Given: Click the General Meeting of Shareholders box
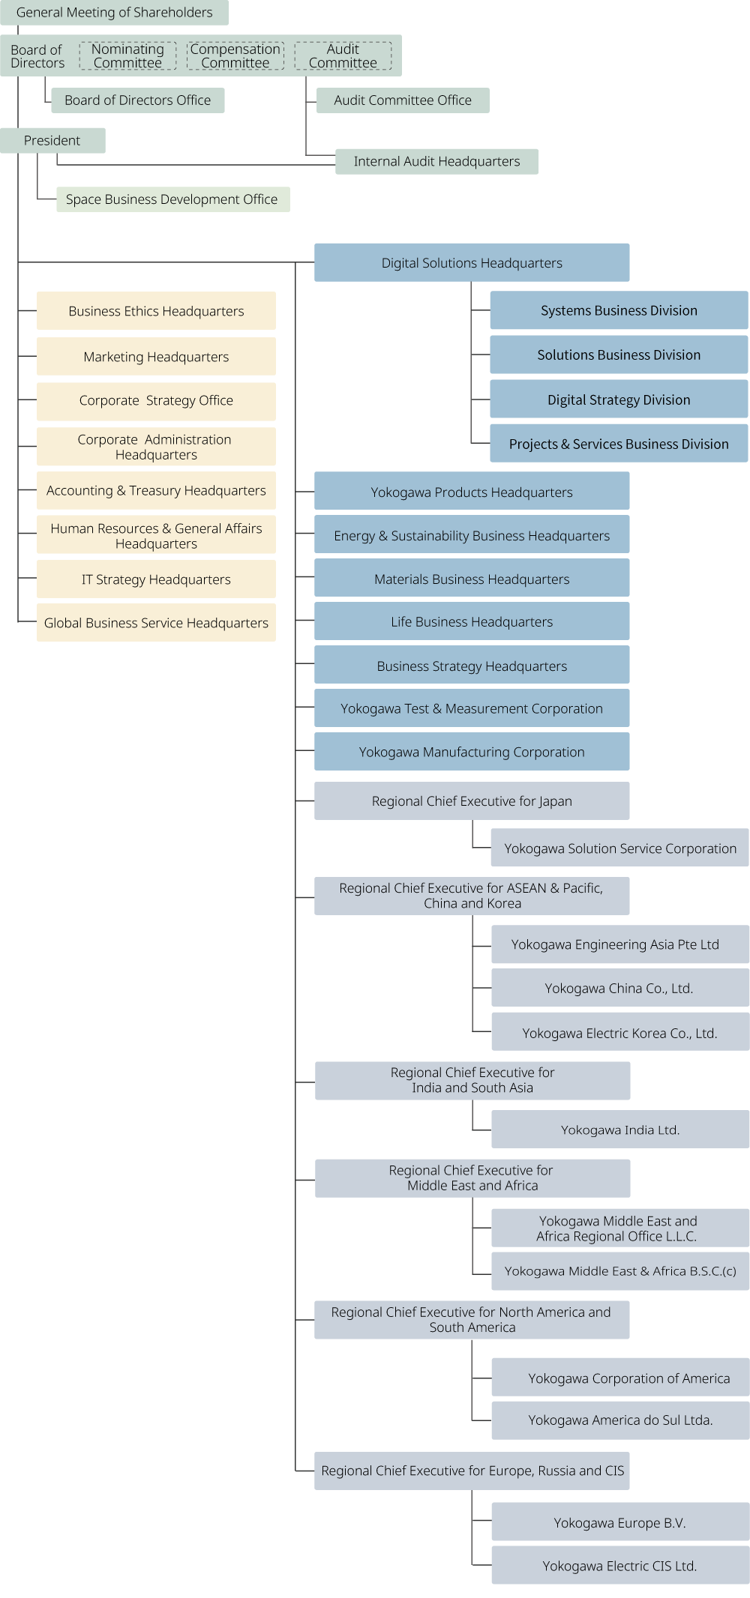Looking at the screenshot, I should tap(114, 13).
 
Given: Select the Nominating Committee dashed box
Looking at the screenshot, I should tap(127, 56).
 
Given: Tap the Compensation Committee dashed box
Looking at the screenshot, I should tap(235, 56).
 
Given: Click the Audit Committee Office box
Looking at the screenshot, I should tap(403, 100).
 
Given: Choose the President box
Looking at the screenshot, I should tap(52, 141).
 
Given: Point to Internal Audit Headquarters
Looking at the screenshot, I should tap(436, 162).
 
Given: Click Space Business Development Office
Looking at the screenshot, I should tap(172, 199).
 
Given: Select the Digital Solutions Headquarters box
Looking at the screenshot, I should tap(472, 263).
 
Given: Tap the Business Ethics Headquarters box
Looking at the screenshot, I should tap(156, 311).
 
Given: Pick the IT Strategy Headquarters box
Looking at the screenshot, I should tap(156, 579).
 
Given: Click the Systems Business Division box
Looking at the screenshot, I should tap(619, 311).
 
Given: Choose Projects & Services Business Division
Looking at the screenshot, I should tap(619, 444).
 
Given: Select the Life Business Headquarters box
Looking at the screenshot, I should tap(472, 622).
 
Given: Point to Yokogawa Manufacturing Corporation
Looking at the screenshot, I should tap(472, 753).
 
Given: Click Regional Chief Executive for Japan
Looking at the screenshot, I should tap(472, 801).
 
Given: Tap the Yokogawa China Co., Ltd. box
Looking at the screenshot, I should tap(619, 989).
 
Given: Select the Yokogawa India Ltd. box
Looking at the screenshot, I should tap(620, 1130).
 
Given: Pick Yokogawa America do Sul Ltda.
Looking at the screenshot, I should tap(620, 1420).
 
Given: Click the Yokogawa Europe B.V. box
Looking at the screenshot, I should tap(620, 1523).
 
